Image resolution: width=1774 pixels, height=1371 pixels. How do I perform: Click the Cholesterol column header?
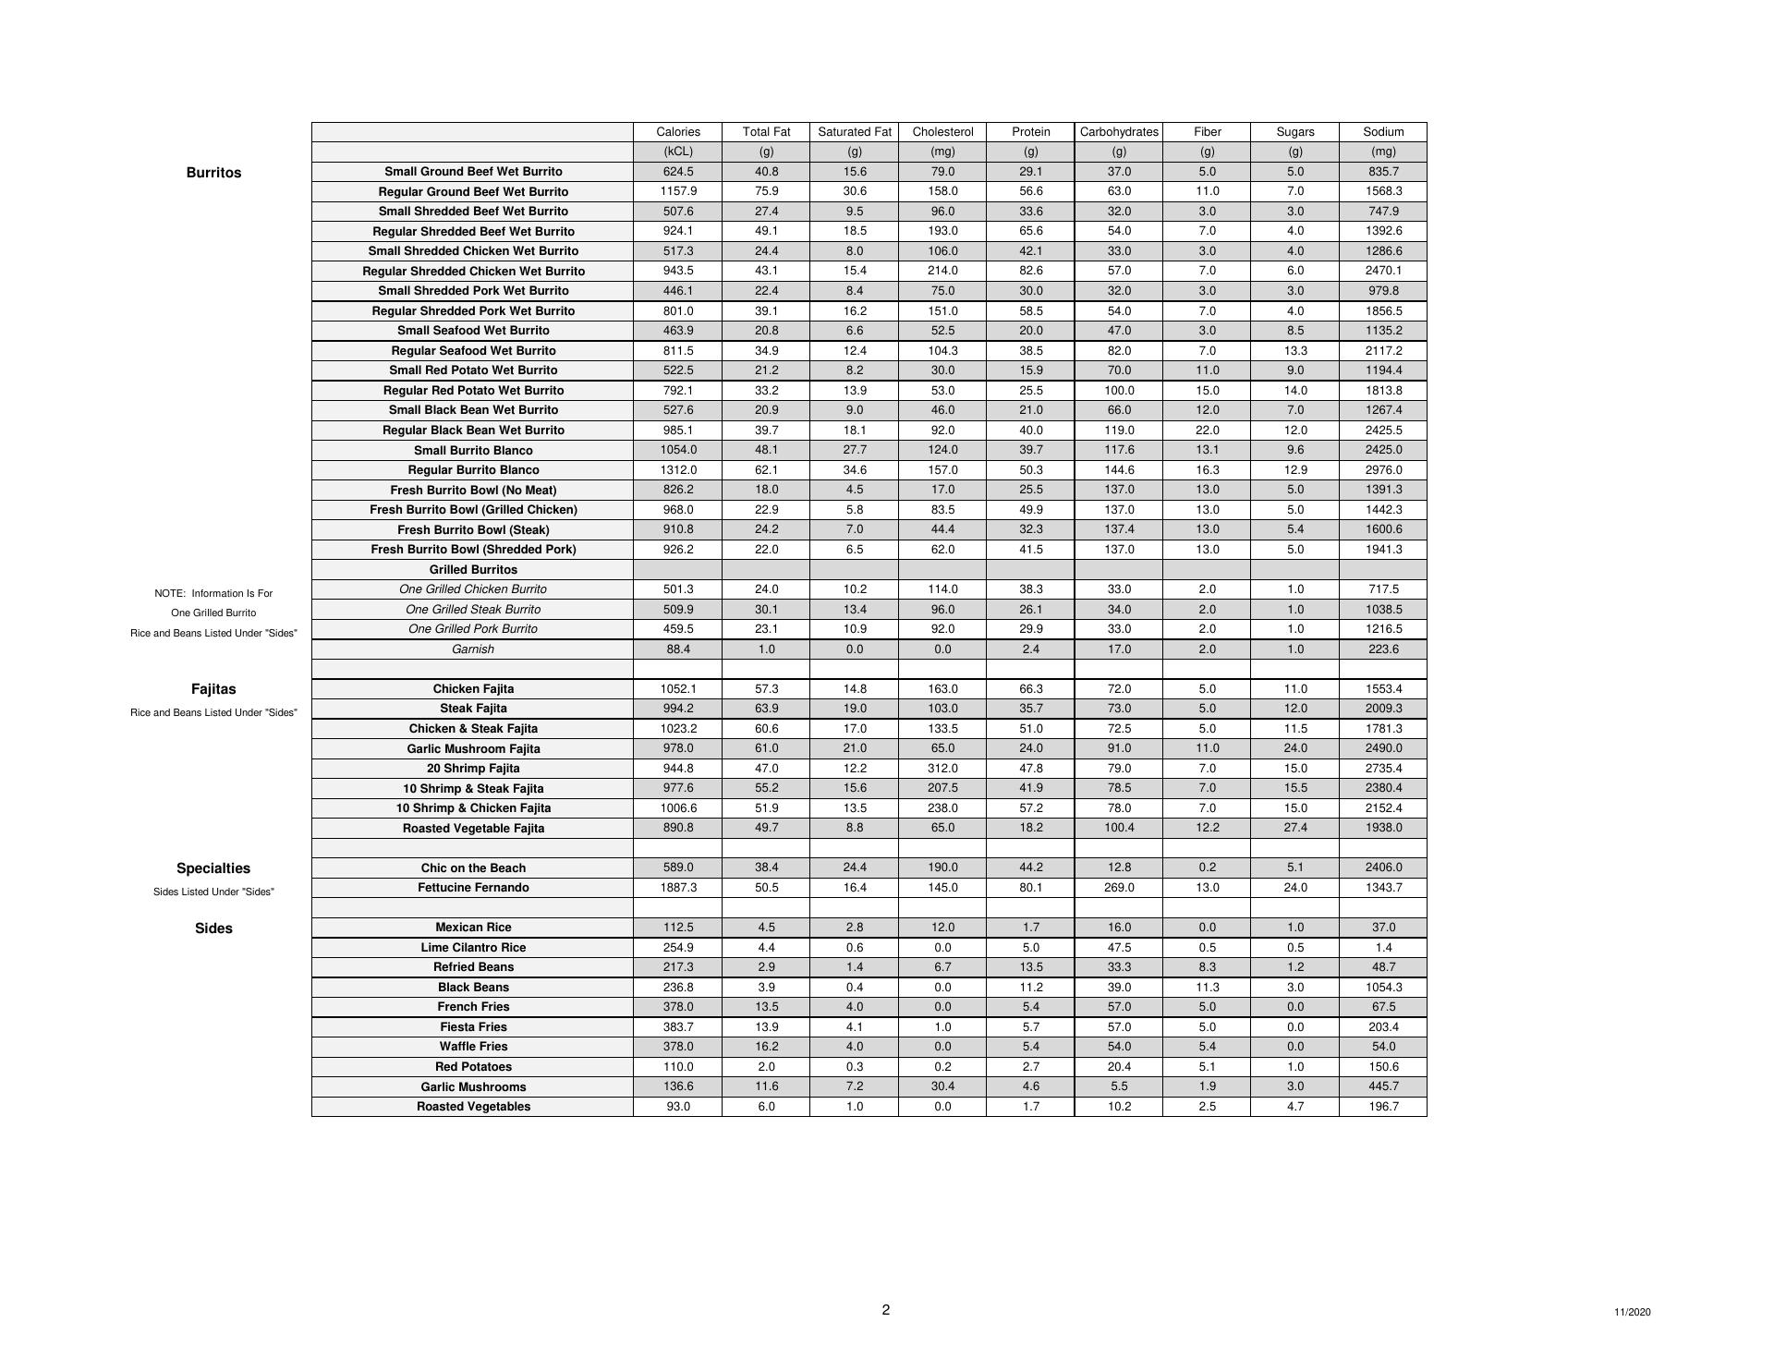[x=942, y=132]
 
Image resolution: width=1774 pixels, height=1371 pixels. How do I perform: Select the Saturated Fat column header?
[x=855, y=132]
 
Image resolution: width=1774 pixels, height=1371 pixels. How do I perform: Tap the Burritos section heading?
[x=213, y=173]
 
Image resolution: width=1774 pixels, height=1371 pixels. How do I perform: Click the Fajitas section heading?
[x=213, y=689]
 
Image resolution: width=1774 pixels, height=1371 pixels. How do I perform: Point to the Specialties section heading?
[x=213, y=868]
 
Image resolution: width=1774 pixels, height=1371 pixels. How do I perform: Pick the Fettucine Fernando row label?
[x=473, y=888]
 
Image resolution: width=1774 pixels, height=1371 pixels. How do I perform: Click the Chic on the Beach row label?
[x=473, y=868]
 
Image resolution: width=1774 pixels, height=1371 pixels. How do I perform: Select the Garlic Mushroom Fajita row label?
[x=473, y=749]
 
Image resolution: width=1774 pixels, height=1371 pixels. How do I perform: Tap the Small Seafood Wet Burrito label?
[x=473, y=331]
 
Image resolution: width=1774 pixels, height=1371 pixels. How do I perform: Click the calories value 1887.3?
[x=678, y=888]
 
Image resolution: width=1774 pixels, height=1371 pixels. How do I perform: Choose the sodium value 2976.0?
[x=1383, y=470]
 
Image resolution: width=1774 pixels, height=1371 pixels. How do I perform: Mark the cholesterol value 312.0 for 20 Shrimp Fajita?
[x=942, y=769]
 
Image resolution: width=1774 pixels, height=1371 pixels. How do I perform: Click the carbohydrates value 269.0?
[x=1119, y=888]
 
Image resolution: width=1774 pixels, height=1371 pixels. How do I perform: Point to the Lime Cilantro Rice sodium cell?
[x=1383, y=948]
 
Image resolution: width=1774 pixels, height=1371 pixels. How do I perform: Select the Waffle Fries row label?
[x=473, y=1047]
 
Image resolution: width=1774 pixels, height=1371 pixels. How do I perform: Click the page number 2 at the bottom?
[x=886, y=1310]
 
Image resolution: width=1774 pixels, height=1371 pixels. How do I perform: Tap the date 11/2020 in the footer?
[x=1633, y=1313]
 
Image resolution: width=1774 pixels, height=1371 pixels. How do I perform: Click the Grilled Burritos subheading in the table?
[x=473, y=570]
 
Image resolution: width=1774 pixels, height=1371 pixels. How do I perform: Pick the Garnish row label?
[x=473, y=649]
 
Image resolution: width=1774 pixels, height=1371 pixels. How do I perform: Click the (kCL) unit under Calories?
[x=678, y=152]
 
